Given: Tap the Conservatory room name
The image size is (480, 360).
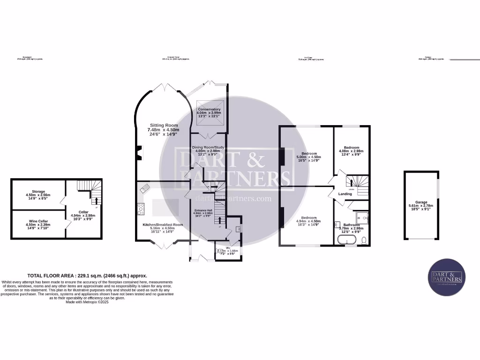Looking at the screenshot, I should [x=209, y=109].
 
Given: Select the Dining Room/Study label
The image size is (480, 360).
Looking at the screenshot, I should [x=208, y=147].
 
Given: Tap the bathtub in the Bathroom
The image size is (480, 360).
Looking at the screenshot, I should [x=347, y=241].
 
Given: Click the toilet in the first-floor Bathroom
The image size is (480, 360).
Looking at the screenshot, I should [x=364, y=241].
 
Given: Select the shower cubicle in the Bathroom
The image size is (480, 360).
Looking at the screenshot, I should [x=361, y=217].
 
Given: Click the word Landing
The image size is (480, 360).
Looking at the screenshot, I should [x=345, y=194].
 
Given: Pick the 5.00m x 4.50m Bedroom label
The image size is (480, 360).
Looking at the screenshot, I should [x=309, y=154].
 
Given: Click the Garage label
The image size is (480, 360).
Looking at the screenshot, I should [x=421, y=202].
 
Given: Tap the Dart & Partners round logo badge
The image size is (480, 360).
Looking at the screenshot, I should [x=447, y=277].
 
